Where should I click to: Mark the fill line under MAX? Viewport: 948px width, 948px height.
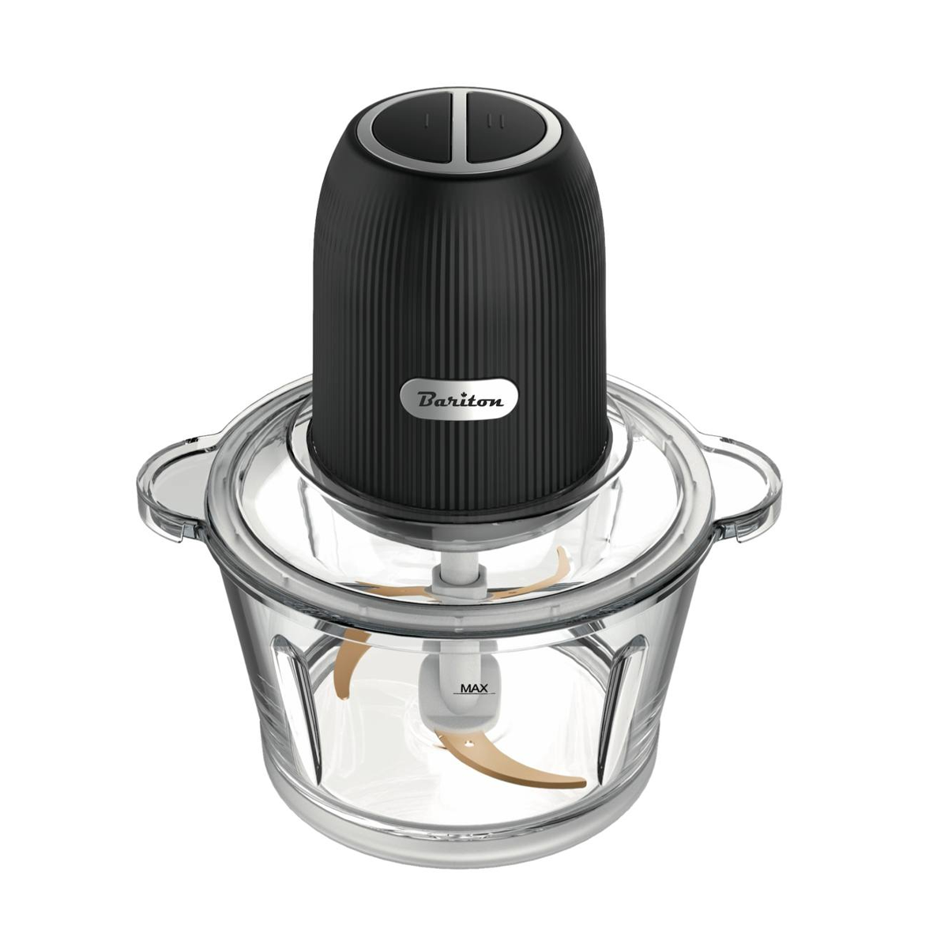click(x=474, y=696)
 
